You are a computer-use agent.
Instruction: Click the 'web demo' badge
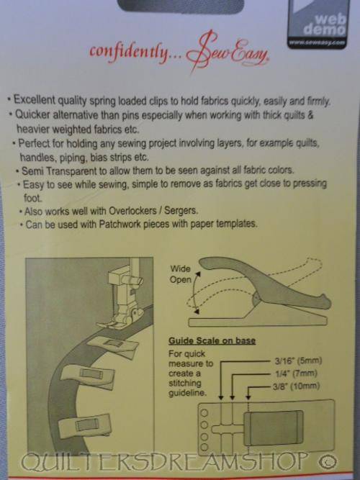coord(319,24)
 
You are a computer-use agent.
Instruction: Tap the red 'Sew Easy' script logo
coord(228,53)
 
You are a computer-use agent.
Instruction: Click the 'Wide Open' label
coord(181,274)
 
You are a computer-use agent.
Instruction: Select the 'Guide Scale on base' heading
coord(212,341)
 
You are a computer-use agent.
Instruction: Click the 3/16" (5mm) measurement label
coord(298,361)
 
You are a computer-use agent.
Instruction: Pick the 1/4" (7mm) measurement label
coord(295,373)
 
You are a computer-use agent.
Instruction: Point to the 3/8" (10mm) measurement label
coord(296,386)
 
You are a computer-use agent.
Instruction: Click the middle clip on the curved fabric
coord(89,376)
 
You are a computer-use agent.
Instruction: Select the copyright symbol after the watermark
coord(328,461)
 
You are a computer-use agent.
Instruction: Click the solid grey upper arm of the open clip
coord(264,281)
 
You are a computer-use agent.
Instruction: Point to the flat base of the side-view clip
coord(257,322)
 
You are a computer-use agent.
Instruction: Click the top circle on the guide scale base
coord(204,413)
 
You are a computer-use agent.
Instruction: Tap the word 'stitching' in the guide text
coord(185,384)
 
